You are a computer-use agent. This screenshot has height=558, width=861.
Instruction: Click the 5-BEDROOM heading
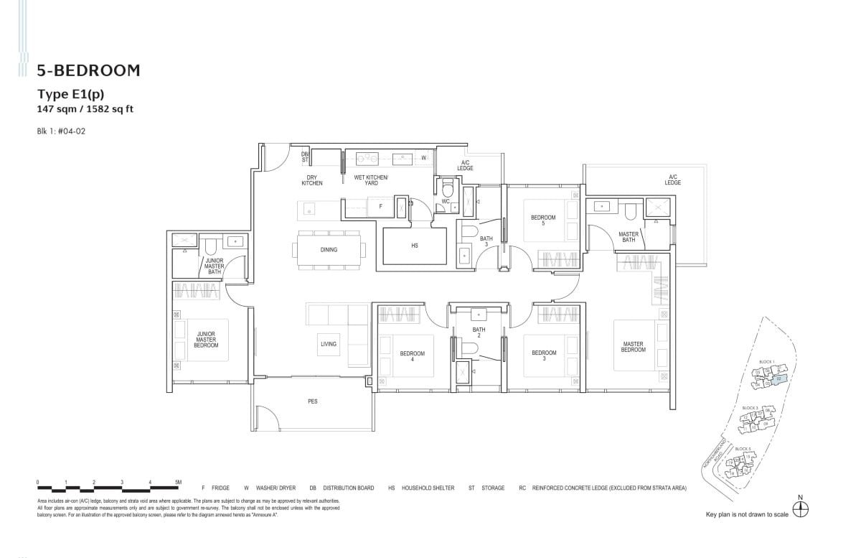click(x=88, y=70)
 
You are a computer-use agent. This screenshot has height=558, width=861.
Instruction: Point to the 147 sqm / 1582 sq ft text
click(x=85, y=109)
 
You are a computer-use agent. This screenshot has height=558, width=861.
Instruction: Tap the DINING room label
click(x=329, y=250)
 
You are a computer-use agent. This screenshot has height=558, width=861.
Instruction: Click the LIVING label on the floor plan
click(x=329, y=344)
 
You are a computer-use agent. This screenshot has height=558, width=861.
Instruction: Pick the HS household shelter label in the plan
click(x=414, y=246)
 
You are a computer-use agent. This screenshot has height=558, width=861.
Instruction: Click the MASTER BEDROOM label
click(x=633, y=347)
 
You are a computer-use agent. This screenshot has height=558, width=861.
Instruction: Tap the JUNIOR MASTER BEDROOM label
click(x=206, y=340)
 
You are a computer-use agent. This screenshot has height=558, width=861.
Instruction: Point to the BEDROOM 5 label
click(x=543, y=220)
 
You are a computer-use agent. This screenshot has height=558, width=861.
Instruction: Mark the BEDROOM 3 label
click(x=544, y=355)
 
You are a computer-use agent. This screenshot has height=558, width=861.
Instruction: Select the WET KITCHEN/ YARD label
click(x=371, y=180)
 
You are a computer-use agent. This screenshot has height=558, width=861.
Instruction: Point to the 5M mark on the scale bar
click(x=177, y=482)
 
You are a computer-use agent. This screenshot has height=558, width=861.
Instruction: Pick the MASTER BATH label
click(x=629, y=236)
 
